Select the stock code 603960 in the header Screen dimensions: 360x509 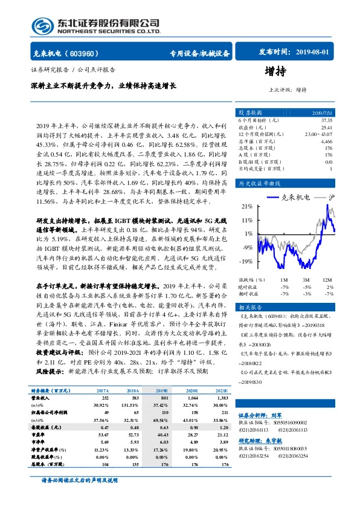92,53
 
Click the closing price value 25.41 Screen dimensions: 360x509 326,128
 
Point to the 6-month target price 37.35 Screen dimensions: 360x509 326,120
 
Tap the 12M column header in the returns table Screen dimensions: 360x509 327,280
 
